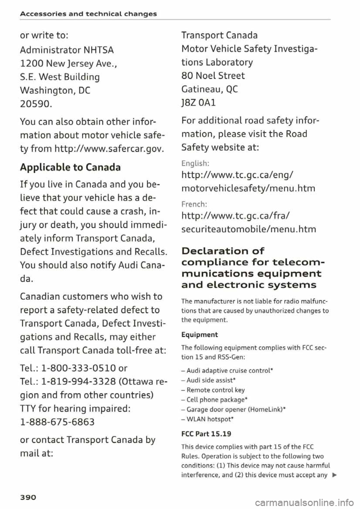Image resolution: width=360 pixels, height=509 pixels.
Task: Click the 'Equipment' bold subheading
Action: (199, 334)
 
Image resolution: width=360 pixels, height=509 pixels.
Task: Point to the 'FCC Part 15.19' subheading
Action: (206, 434)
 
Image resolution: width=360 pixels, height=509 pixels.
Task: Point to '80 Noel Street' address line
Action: (213, 75)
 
